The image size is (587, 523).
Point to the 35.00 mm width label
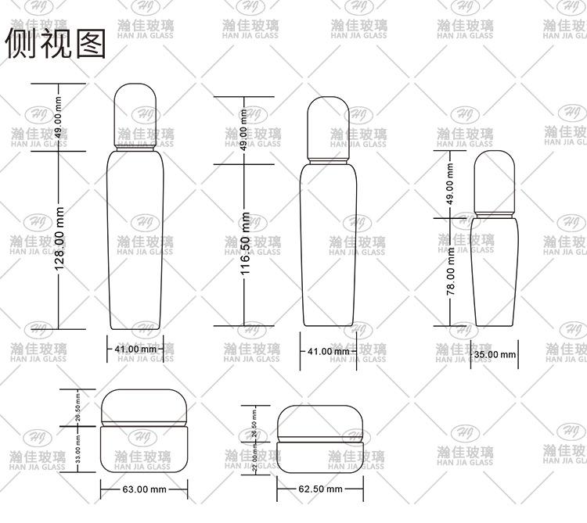495,354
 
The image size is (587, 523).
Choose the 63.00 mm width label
145,489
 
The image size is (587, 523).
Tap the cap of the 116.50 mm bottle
330,129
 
